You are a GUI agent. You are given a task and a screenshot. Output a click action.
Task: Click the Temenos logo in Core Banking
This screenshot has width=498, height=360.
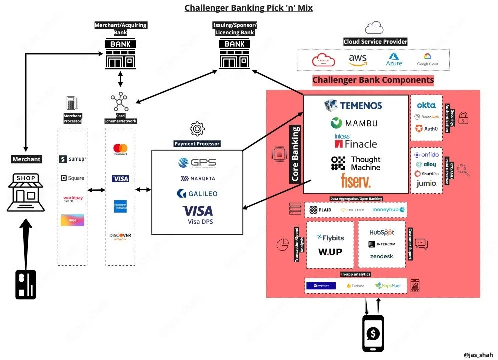pyautogui.click(x=353, y=105)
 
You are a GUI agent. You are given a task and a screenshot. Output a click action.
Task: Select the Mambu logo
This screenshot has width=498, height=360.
pyautogui.click(x=354, y=123)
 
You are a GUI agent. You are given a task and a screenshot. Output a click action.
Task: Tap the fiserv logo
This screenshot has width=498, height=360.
pyautogui.click(x=356, y=180)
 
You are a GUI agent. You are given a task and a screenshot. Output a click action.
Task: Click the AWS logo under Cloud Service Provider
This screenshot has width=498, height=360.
pyautogui.click(x=358, y=60)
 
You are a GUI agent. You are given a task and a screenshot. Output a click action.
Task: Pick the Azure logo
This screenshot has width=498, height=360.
pyautogui.click(x=394, y=60)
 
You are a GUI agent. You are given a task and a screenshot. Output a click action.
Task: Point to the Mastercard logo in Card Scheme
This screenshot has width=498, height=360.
pyautogui.click(x=120, y=149)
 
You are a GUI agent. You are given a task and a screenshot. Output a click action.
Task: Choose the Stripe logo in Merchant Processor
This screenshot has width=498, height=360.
pyautogui.click(x=72, y=220)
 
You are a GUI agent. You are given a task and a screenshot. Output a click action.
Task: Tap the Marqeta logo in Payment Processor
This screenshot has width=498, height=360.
pyautogui.click(x=197, y=178)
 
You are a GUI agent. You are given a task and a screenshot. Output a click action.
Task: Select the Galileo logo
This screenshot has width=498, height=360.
pyautogui.click(x=197, y=193)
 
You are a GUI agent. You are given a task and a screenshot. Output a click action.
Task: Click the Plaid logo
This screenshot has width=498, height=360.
pyautogui.click(x=320, y=210)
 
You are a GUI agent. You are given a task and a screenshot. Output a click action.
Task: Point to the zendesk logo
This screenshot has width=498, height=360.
pyautogui.click(x=381, y=256)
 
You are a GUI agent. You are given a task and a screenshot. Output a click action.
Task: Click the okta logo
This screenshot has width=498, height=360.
pyautogui.click(x=426, y=105)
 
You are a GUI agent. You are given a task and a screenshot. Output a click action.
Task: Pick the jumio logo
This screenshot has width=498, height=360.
pyautogui.click(x=426, y=183)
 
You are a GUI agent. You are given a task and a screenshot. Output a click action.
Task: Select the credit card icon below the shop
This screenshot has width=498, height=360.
pyautogui.click(x=26, y=284)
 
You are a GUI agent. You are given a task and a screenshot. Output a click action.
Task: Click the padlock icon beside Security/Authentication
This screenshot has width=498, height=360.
pyautogui.click(x=463, y=118)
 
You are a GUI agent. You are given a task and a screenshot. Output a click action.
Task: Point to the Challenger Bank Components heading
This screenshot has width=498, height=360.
pyautogui.click(x=373, y=80)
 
